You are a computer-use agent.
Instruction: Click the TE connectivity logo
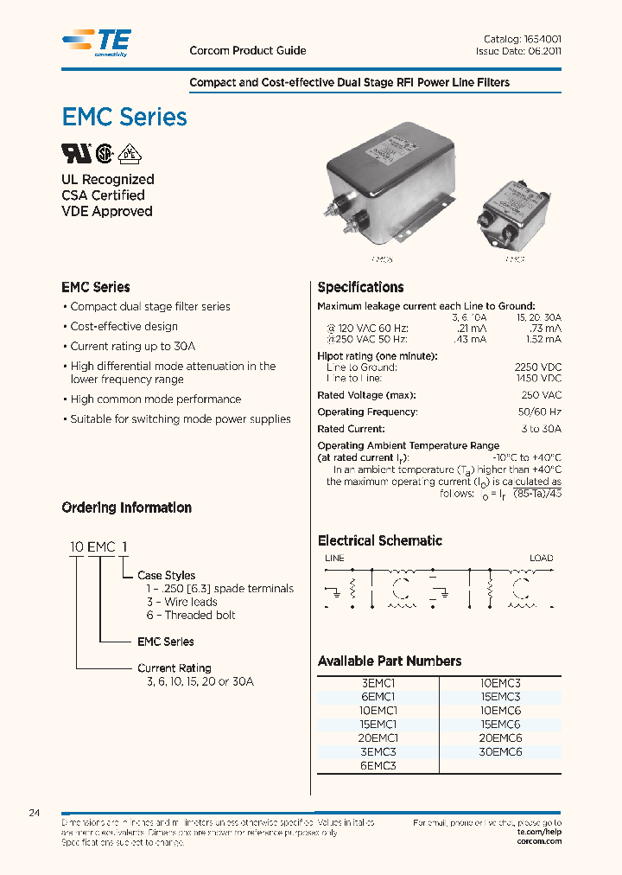[x=96, y=42]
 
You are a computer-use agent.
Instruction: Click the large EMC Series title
[x=124, y=117]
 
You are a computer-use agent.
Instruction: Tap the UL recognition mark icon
[x=74, y=153]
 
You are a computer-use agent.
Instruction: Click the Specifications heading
[x=360, y=287]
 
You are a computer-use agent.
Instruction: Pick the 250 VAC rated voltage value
[x=542, y=396]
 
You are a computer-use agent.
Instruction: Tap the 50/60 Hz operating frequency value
[x=541, y=412]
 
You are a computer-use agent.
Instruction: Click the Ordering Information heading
[x=126, y=508]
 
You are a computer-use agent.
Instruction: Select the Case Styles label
[x=166, y=575]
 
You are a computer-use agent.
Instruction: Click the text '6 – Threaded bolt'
[x=190, y=615]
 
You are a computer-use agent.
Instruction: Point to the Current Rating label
[x=174, y=668]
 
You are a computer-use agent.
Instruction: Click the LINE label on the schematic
[x=334, y=559]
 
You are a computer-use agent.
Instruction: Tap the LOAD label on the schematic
[x=541, y=559]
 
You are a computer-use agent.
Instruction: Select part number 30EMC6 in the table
[x=500, y=752]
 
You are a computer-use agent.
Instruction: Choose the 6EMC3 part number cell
[x=378, y=766]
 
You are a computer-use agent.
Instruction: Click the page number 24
[x=35, y=814]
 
